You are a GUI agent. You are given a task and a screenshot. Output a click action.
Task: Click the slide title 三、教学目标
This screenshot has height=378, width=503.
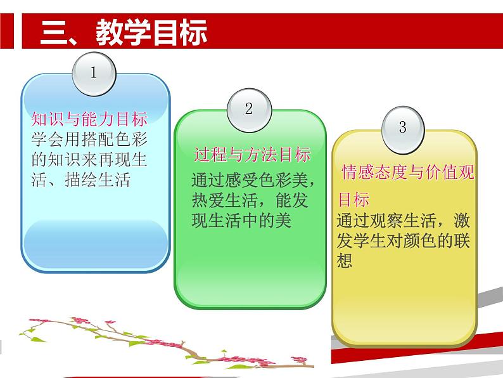click(124, 32)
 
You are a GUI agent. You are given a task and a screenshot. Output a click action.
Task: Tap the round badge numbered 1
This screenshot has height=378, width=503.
click(94, 74)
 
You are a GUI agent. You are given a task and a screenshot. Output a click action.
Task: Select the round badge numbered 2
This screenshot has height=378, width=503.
click(249, 110)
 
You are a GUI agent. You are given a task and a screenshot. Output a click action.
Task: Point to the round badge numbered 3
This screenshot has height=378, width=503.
click(403, 129)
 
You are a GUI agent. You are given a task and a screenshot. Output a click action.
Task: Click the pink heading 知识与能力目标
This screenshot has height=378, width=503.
click(89, 119)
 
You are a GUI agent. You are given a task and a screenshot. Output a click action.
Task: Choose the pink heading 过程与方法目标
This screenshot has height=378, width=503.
click(252, 155)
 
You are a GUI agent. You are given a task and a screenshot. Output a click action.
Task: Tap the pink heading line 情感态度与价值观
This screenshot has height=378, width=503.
click(407, 172)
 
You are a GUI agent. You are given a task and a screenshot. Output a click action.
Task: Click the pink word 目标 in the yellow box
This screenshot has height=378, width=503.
click(354, 199)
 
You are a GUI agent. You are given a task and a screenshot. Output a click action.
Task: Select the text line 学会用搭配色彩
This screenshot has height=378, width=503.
click(89, 140)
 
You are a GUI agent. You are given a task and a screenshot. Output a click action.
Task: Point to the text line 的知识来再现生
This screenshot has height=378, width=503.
click(89, 159)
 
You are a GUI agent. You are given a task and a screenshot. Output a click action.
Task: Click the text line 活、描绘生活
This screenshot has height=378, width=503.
click(81, 179)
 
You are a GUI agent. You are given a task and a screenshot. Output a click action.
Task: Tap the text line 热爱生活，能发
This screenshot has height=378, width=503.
click(250, 200)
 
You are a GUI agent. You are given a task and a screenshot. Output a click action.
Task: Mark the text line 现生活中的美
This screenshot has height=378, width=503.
click(241, 220)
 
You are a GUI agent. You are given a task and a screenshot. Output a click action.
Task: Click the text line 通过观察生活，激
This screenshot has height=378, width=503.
click(404, 220)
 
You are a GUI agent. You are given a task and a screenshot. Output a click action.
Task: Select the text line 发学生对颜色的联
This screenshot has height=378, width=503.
click(404, 240)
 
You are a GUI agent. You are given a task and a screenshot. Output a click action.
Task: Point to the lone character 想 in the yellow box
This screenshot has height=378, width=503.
click(345, 261)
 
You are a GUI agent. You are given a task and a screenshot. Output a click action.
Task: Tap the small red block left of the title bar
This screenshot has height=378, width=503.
click(7, 31)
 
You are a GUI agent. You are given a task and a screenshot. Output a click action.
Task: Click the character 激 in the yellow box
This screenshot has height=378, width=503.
click(462, 220)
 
